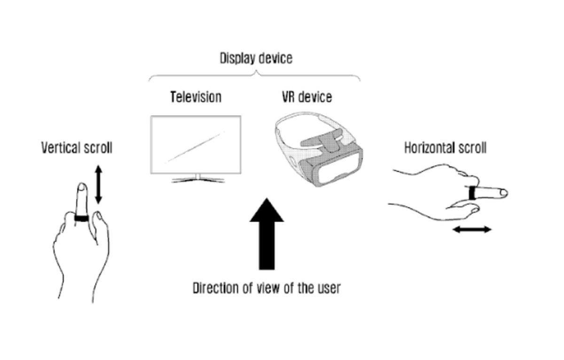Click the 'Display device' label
pyautogui.click(x=256, y=59)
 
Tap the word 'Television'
pyautogui.click(x=196, y=97)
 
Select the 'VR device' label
pyautogui.click(x=307, y=97)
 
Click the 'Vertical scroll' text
pyautogui.click(x=77, y=148)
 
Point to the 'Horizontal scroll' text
pyautogui.click(x=445, y=148)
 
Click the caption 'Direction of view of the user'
pyautogui.click(x=266, y=288)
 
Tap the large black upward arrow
pyautogui.click(x=266, y=235)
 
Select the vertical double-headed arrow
pyautogui.click(x=98, y=184)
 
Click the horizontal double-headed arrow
pyautogui.click(x=472, y=229)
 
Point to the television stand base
pyautogui.click(x=197, y=180)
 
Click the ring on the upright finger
pyautogui.click(x=82, y=219)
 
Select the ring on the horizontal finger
pyautogui.click(x=472, y=193)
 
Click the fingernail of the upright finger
pyautogui.click(x=82, y=188)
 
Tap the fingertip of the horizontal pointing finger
pyautogui.click(x=504, y=192)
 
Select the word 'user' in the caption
pyautogui.click(x=327, y=288)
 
